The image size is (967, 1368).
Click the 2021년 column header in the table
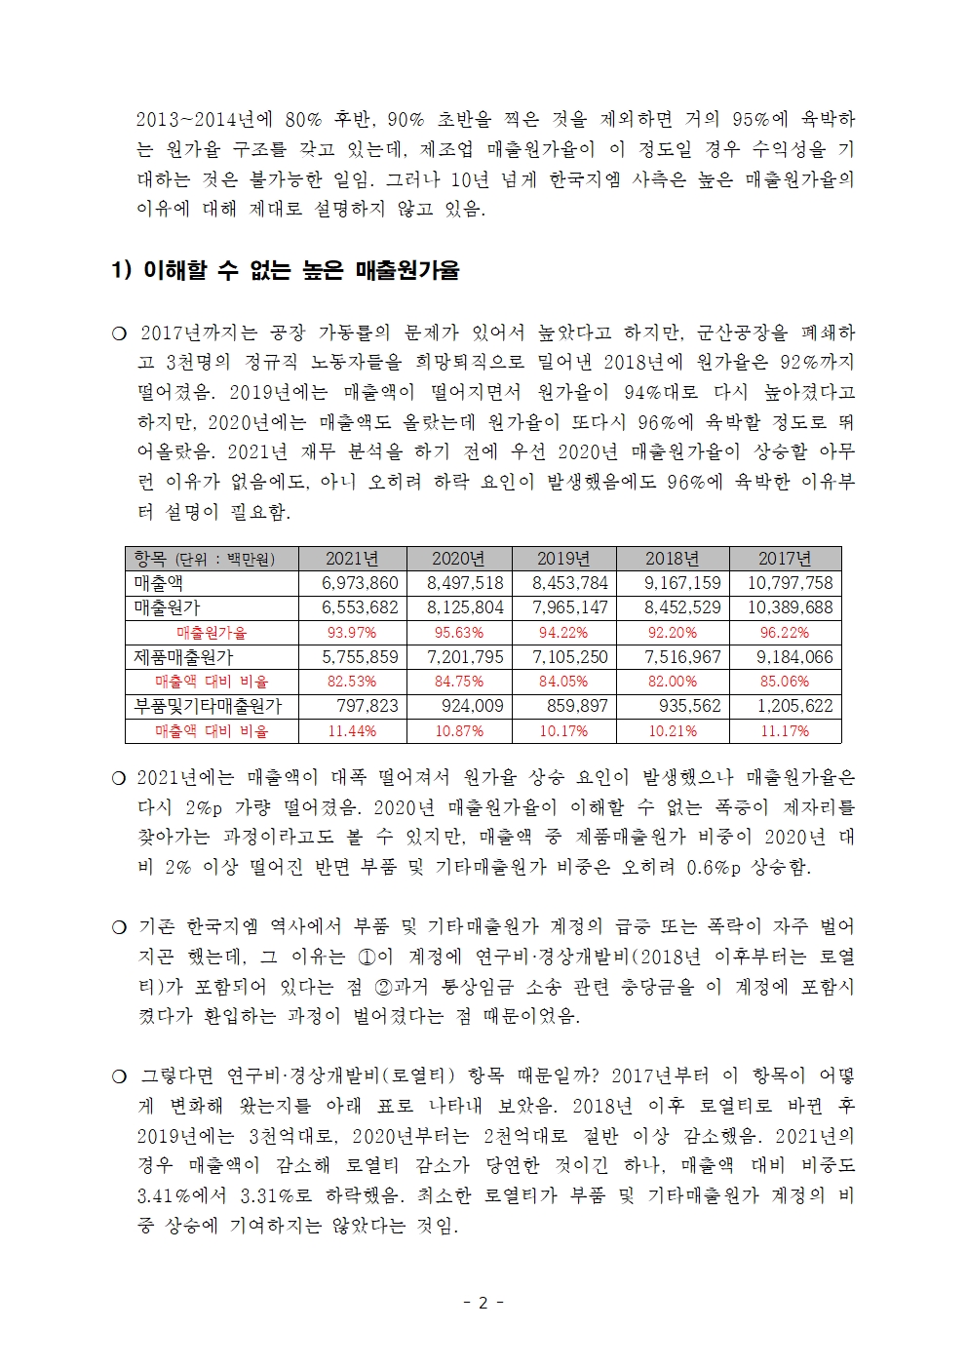[352, 559]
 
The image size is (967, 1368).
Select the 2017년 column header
[785, 559]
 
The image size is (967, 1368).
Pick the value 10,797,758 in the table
[790, 583]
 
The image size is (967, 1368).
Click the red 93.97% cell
[352, 633]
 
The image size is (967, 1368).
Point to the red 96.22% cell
[785, 633]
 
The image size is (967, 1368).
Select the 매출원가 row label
[167, 607]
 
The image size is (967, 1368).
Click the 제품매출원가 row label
[183, 657]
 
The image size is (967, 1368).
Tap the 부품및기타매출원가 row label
[208, 706]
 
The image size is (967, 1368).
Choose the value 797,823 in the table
[367, 706]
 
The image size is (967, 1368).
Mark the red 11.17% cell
[785, 731]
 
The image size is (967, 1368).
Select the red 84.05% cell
[563, 682]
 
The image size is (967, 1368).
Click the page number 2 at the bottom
[483, 1303]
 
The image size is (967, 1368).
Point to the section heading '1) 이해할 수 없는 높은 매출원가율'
[285, 271]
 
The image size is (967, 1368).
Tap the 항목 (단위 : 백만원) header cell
[205, 559]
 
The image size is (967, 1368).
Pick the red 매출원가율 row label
[212, 633]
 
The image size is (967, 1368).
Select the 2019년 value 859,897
[577, 706]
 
